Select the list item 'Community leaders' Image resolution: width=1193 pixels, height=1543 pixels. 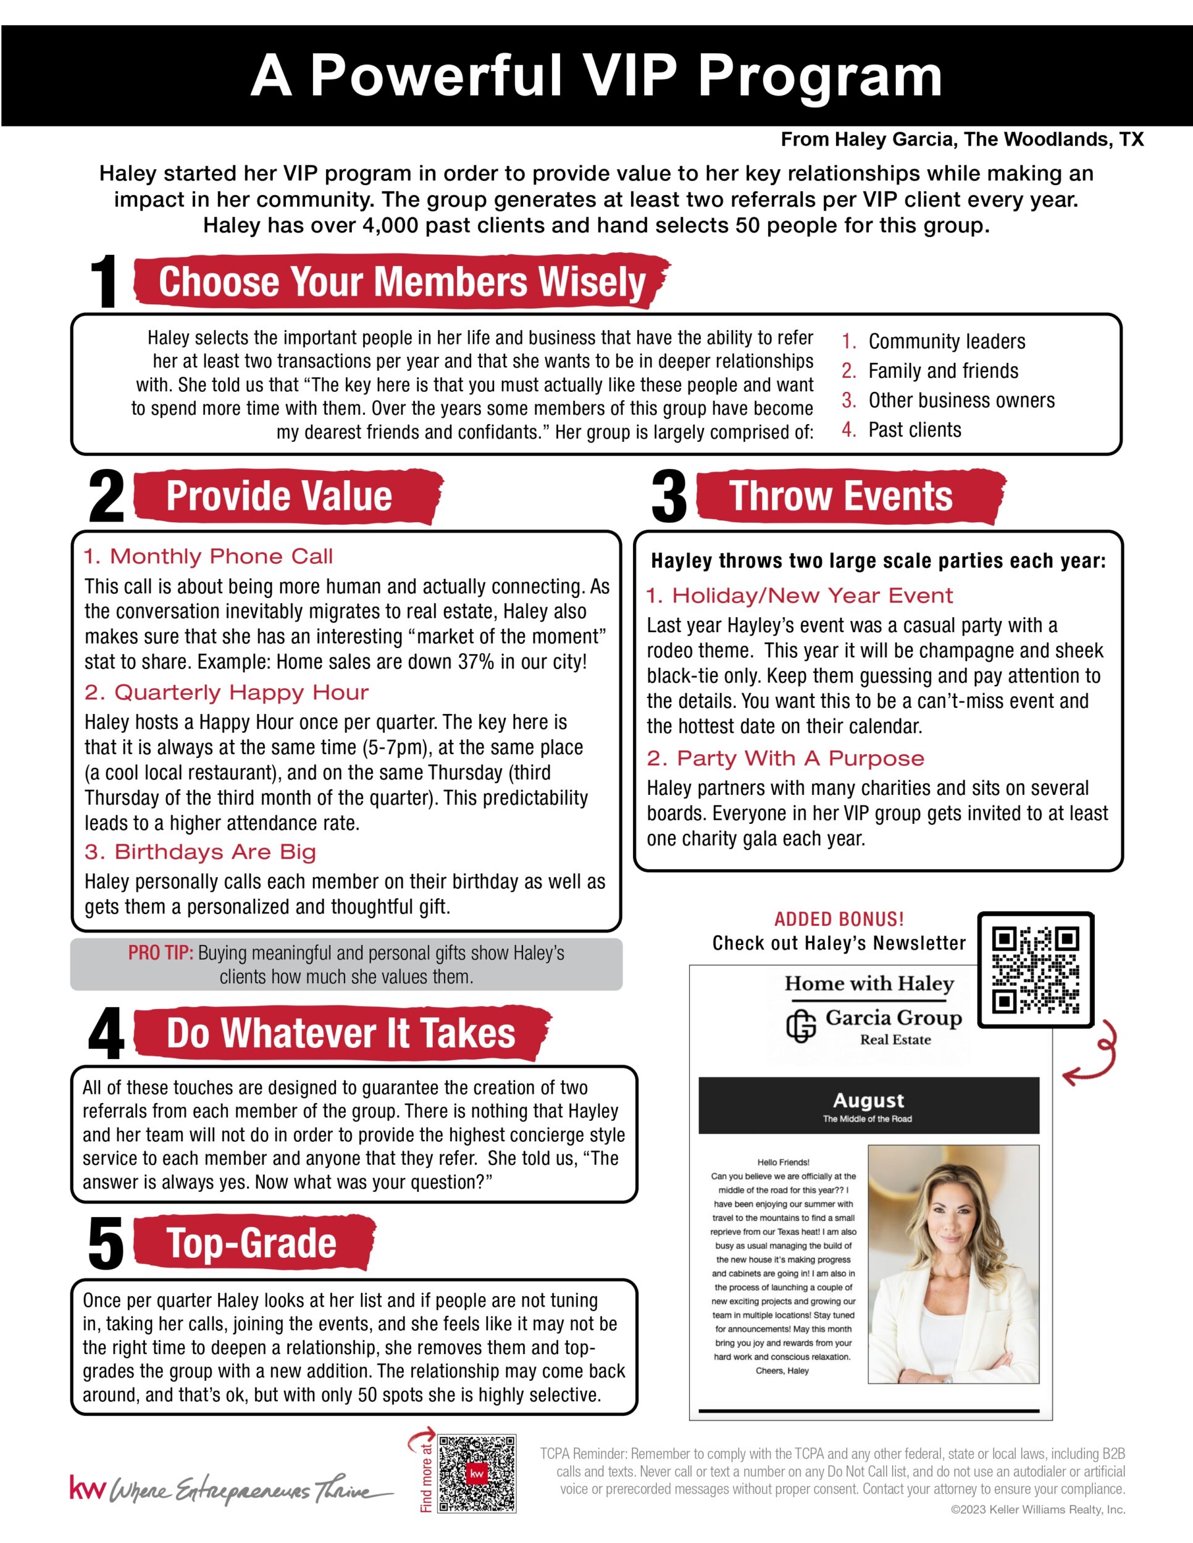[947, 341]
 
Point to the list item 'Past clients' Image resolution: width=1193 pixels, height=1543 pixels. [915, 430]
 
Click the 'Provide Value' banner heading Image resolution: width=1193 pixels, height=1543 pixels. [279, 496]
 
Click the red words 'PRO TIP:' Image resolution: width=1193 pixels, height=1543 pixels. [161, 953]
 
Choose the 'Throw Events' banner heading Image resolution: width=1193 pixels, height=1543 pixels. [840, 496]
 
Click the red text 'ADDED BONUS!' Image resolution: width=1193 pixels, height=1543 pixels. [839, 919]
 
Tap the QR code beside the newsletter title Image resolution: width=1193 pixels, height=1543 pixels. [1036, 970]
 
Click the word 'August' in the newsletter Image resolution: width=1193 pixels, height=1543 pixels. [869, 1100]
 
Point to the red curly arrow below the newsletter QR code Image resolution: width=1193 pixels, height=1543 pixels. [1094, 1055]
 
